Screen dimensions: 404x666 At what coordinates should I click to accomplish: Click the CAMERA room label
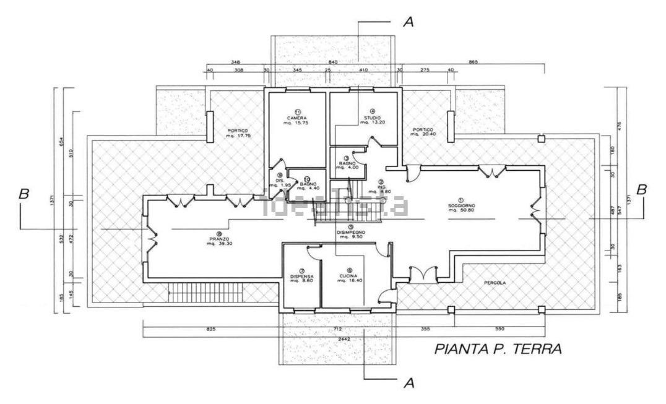[296, 118]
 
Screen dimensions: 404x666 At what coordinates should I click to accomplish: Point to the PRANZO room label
[218, 238]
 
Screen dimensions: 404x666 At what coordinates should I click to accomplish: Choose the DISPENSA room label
[302, 276]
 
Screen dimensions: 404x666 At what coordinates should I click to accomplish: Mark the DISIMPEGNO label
[350, 233]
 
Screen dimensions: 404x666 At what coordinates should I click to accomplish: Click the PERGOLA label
[495, 283]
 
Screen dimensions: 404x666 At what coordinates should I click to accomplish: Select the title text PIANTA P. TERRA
[498, 349]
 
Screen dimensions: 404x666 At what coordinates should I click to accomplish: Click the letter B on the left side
[24, 194]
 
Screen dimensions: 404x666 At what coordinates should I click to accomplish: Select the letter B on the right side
[642, 189]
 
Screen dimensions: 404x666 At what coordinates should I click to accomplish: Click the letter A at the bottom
[408, 383]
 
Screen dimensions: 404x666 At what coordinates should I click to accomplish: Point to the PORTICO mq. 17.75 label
[238, 134]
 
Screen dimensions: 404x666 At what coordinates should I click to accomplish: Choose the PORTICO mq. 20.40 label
[424, 131]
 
